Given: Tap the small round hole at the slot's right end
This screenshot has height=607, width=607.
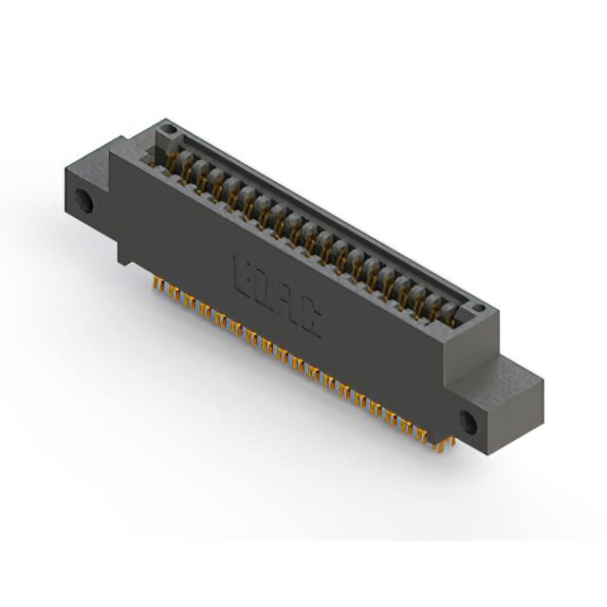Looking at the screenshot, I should point(480,309).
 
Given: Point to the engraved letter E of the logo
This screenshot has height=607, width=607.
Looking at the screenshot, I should point(242,271).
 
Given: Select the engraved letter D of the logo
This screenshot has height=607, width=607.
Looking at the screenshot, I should point(263,286).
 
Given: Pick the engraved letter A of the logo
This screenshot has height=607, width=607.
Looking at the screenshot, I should point(285,303).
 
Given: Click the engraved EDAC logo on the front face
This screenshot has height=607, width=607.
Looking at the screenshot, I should point(275,295).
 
